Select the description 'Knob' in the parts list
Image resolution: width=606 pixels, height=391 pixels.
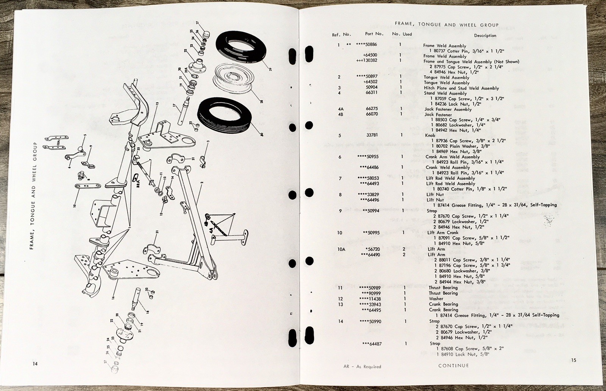point(430,135)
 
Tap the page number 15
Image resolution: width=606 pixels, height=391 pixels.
point(573,360)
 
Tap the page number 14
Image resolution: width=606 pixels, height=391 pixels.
point(35,364)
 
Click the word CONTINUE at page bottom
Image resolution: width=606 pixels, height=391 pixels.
point(453,366)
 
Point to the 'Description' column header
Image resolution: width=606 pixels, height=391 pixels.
point(485,36)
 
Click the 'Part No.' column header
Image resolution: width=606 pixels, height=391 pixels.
point(374,34)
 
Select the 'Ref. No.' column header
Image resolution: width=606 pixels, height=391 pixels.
point(341,35)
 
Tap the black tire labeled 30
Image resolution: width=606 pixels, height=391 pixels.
point(225,116)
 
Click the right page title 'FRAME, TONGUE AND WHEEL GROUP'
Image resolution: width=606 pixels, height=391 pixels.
point(447,25)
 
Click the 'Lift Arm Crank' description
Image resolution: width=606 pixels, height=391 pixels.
point(443,233)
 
